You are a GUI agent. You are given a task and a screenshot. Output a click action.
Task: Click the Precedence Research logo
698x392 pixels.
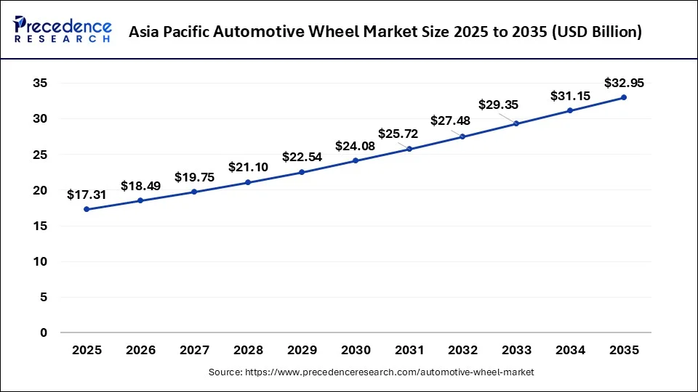pyautogui.click(x=63, y=30)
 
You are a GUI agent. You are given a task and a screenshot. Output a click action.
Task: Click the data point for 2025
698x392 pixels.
pyautogui.click(x=87, y=209)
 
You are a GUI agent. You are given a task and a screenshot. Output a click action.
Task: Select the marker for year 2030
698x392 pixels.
pyautogui.click(x=356, y=160)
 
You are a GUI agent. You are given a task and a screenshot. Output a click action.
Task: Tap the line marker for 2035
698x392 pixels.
pyautogui.click(x=624, y=97)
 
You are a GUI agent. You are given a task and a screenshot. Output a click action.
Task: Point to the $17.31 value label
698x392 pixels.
pyautogui.click(x=86, y=195)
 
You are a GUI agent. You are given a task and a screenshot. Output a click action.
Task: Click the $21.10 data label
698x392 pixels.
pyautogui.click(x=248, y=168)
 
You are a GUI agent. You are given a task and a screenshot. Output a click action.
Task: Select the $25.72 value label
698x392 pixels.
pyautogui.click(x=398, y=134)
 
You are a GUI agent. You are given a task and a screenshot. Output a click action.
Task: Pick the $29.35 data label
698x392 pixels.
pyautogui.click(x=498, y=105)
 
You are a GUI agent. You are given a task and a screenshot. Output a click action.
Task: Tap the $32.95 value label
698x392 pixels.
pyautogui.click(x=624, y=83)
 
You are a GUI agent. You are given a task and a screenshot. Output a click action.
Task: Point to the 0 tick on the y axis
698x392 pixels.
pyautogui.click(x=44, y=333)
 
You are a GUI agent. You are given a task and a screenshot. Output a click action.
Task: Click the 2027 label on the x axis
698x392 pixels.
pyautogui.click(x=194, y=350)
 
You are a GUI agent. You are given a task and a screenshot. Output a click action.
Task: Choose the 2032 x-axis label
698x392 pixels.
pyautogui.click(x=462, y=350)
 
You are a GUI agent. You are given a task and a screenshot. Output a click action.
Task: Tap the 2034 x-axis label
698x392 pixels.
pyautogui.click(x=570, y=350)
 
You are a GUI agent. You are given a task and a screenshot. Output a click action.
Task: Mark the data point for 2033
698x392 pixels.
pyautogui.click(x=516, y=123)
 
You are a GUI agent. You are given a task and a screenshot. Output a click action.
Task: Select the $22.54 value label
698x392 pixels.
pyautogui.click(x=302, y=158)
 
